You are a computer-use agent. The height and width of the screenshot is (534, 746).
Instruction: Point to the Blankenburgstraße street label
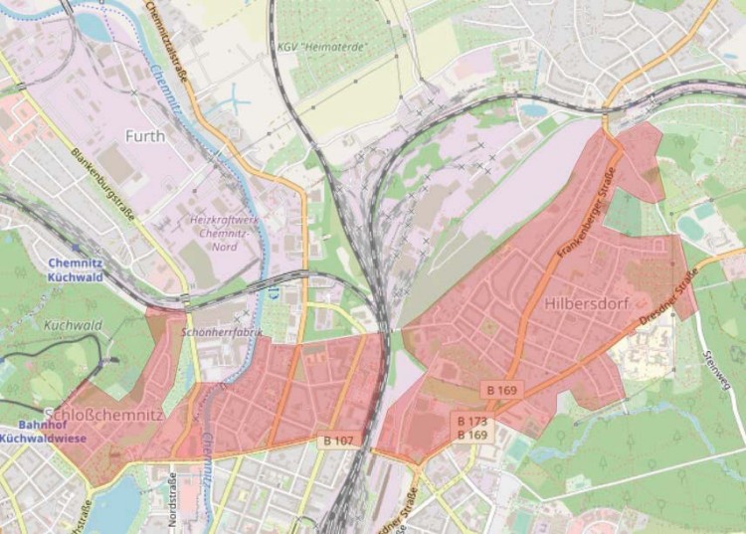pyautogui.click(x=102, y=185)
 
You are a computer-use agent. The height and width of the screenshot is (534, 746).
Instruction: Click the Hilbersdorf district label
pyautogui.click(x=587, y=302)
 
